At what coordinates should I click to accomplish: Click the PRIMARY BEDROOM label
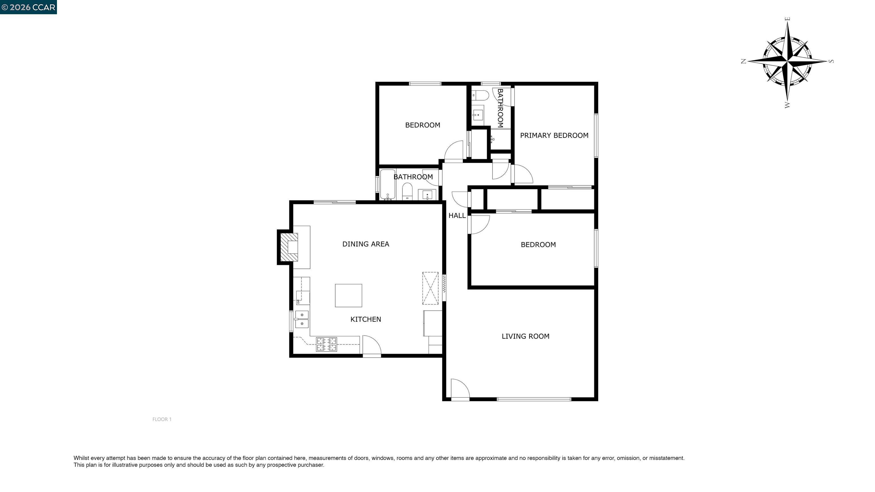[x=554, y=136]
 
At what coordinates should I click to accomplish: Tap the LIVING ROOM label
[x=525, y=336]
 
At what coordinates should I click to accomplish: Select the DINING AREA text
[x=365, y=244]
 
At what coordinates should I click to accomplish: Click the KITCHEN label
[x=365, y=319]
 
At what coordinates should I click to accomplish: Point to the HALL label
[x=457, y=216]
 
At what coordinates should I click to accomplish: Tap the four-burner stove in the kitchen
[x=326, y=344]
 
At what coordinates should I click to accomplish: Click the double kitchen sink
[x=302, y=319]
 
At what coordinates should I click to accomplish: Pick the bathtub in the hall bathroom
[x=388, y=184]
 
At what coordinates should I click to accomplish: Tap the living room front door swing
[x=460, y=388]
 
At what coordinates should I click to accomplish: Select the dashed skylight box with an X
[x=430, y=288]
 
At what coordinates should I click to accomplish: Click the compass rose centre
[x=787, y=61]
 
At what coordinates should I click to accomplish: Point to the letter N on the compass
[x=743, y=61]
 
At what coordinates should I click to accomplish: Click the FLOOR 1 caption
[x=162, y=419]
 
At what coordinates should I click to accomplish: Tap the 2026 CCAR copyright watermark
[x=28, y=7]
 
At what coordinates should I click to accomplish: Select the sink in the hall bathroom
[x=427, y=195]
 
